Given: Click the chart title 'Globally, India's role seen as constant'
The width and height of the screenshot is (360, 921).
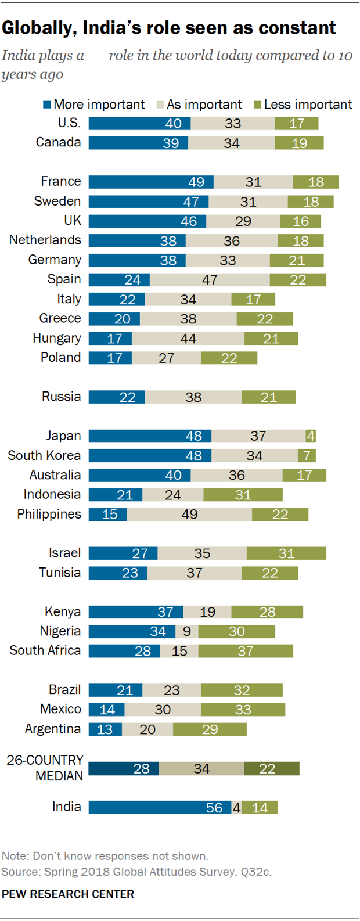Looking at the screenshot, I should [168, 28].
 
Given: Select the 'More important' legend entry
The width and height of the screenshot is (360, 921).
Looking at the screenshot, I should [93, 105].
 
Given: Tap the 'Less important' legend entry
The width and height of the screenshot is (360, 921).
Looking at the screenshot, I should [303, 105].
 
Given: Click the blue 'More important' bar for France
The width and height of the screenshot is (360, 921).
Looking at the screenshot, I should [151, 182].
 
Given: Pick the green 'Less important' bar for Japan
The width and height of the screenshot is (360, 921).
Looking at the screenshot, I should [311, 436].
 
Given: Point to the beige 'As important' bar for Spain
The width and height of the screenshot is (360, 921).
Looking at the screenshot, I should [210, 280].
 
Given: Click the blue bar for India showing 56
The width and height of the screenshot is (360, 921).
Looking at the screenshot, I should [160, 807].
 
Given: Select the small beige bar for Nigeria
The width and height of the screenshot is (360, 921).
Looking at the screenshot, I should [187, 631].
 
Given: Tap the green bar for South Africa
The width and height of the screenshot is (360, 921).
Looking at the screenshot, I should [246, 651].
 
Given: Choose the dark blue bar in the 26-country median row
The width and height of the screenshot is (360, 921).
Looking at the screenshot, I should [123, 769].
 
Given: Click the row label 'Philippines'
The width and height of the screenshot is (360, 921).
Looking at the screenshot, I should [49, 515].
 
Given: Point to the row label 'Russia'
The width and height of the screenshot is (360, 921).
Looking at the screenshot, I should [61, 397].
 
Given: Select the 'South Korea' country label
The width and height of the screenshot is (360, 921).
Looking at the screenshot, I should [44, 455].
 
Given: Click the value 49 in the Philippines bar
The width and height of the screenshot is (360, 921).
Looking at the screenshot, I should [190, 515].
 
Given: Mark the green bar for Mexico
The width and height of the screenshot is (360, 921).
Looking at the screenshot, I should [243, 710].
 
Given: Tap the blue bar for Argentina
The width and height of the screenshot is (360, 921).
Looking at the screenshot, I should [105, 729].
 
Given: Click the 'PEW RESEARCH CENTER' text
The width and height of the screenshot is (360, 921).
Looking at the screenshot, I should [67, 894].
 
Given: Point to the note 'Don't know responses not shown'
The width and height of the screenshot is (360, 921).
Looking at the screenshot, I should [105, 856].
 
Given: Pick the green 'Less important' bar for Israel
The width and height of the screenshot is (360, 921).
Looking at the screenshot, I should [286, 553].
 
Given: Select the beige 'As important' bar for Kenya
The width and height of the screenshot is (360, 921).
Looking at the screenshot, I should [207, 612].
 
